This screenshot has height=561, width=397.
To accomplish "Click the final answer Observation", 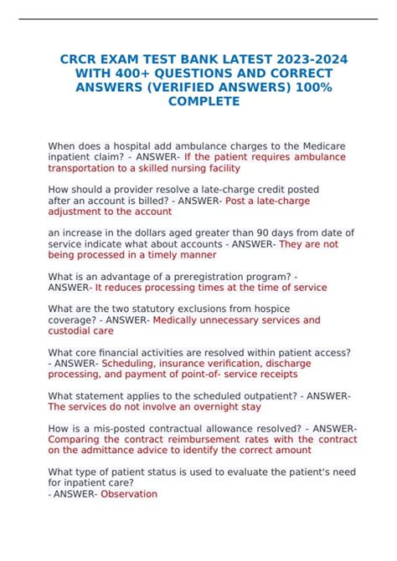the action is pos(129,494).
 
